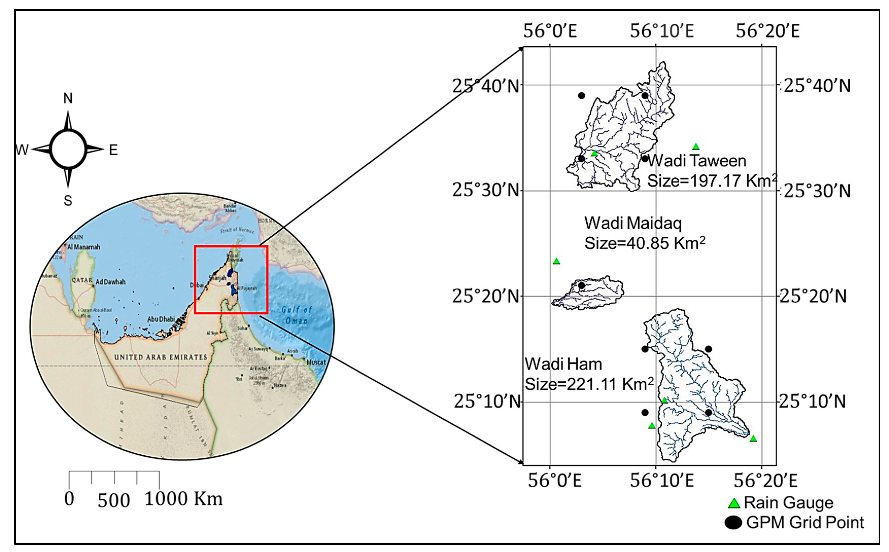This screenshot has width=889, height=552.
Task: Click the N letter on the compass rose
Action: [x=68, y=98]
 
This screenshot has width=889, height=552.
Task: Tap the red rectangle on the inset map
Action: [x=195, y=280]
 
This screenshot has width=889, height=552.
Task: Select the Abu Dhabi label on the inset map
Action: [x=161, y=319]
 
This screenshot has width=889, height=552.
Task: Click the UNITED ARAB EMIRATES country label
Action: [x=161, y=357]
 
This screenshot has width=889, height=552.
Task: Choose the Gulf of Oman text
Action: [x=296, y=315]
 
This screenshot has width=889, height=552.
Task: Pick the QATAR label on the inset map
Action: [x=82, y=280]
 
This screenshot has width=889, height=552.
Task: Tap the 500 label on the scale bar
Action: [x=114, y=500]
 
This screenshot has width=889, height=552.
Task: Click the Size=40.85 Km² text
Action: [x=645, y=243]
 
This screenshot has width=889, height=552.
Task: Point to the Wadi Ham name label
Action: [x=563, y=364]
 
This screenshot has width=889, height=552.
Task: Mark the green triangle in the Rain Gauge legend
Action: [x=734, y=503]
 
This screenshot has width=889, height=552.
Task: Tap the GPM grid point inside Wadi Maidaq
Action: [x=582, y=285]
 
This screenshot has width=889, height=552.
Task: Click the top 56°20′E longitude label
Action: [x=767, y=31]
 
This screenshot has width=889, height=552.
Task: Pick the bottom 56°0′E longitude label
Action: [x=554, y=480]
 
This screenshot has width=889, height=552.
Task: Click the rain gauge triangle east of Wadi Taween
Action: [x=696, y=147]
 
